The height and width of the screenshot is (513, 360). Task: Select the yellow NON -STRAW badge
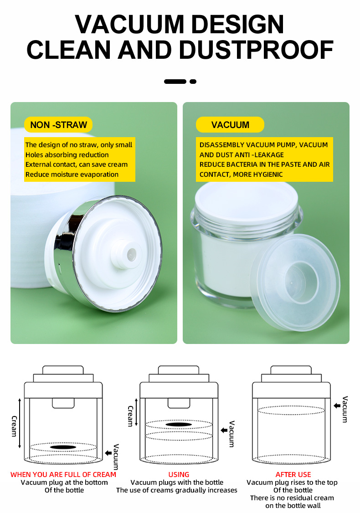tap(58, 125)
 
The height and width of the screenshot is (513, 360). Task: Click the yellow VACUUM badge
tap(230, 125)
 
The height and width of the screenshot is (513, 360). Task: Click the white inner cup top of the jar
tap(247, 196)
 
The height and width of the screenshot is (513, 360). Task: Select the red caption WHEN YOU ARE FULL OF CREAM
tap(63, 474)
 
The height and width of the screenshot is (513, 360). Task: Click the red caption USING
tap(179, 474)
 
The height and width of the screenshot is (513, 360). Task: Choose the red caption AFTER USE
tap(293, 474)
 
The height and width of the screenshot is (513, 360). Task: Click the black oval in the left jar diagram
tap(63, 447)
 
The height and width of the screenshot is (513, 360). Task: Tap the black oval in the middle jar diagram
tap(179, 425)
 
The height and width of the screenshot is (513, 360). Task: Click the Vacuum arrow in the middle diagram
tap(224, 430)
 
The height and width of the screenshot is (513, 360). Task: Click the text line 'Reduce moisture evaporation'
tap(72, 174)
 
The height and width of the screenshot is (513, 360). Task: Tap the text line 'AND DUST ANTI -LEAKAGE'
tap(242, 155)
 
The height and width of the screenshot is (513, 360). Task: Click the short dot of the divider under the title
tap(193, 82)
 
